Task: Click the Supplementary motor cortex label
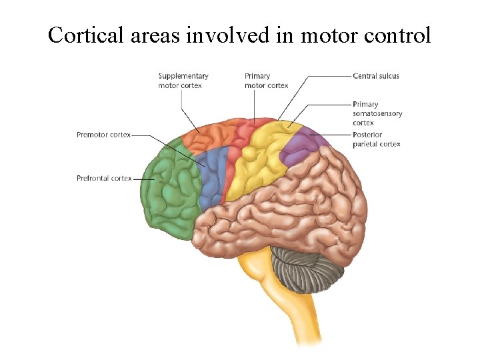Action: (183, 81)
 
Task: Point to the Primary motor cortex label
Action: (266, 81)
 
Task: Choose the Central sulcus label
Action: (376, 76)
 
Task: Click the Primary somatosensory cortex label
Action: (377, 113)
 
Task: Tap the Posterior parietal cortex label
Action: (377, 139)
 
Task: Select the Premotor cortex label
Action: (103, 135)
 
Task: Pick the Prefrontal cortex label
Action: (104, 178)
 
